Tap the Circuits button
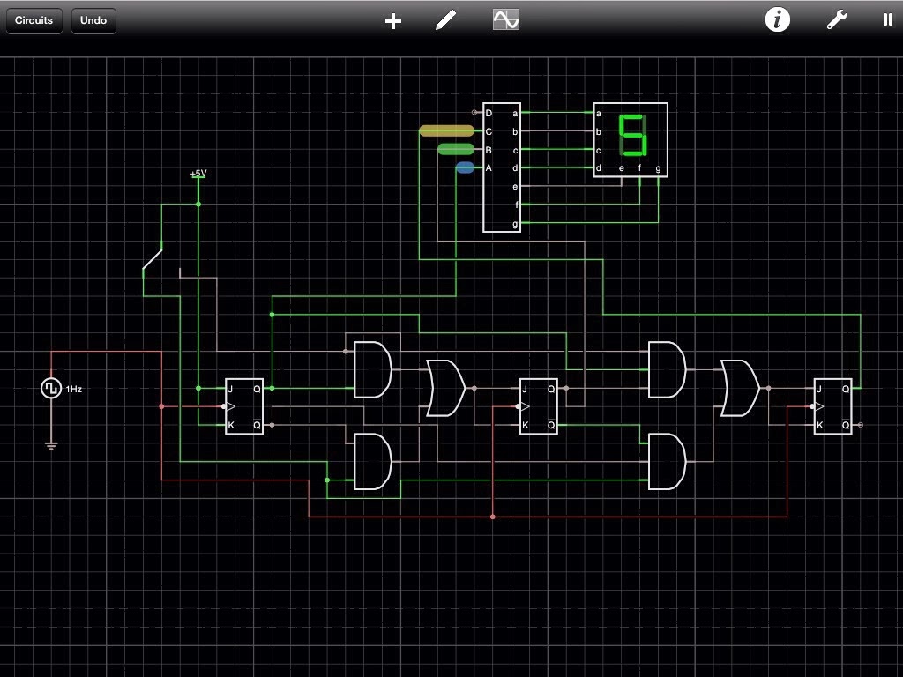(34, 20)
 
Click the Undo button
(93, 20)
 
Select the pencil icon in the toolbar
(446, 20)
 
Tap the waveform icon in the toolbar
(506, 19)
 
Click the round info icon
(777, 19)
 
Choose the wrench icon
(836, 20)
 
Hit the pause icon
(887, 19)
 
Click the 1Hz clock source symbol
(51, 388)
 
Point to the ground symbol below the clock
(51, 445)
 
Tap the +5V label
(198, 174)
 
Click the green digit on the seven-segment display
(632, 135)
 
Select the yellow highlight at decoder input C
(446, 131)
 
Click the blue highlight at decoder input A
(465, 167)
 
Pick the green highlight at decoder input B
(456, 149)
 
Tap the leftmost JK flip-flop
(244, 406)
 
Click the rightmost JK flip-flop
(832, 406)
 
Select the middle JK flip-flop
(539, 406)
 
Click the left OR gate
(445, 388)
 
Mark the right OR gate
(740, 388)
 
